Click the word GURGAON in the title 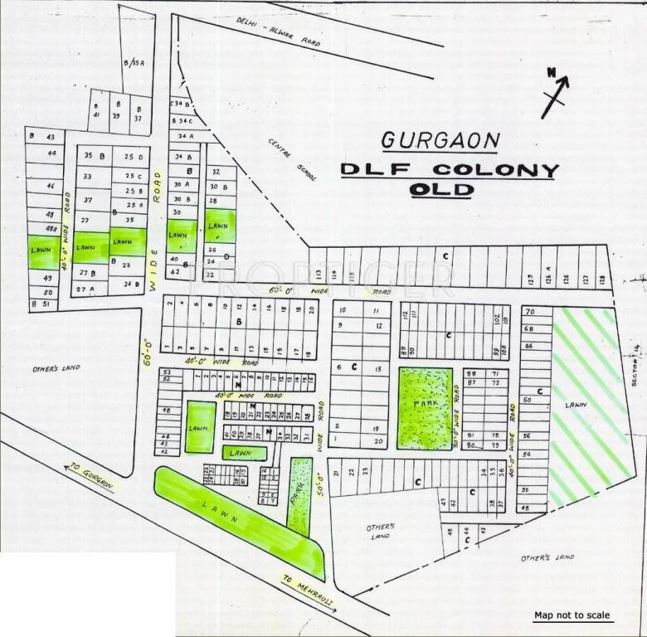[x=440, y=139]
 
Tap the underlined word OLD [x=440, y=190]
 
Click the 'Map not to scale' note [x=572, y=615]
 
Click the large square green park [x=426, y=408]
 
